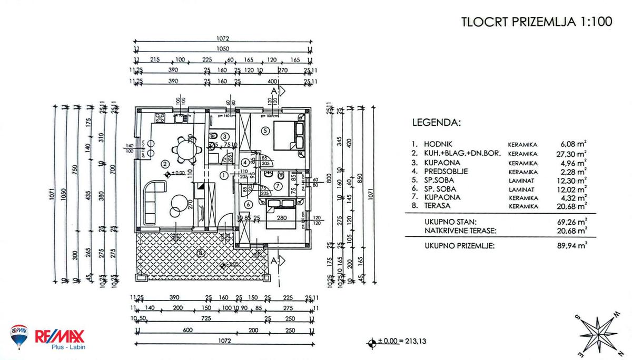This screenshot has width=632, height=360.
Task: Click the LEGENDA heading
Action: point(436,123)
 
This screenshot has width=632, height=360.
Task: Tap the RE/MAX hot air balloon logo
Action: point(19,337)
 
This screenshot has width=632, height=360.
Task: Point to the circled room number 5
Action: point(265,130)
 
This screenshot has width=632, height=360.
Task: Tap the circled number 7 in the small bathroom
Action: point(279,185)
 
